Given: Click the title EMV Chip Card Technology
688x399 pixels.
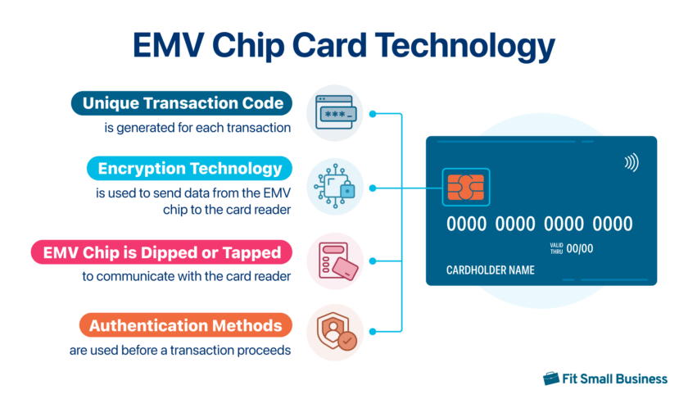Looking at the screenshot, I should (x=343, y=46).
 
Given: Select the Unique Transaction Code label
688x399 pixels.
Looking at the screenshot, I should (x=182, y=103).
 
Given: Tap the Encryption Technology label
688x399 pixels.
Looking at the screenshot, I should (x=189, y=169).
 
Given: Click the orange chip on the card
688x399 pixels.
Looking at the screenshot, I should (x=464, y=188).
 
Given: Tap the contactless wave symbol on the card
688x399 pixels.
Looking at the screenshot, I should (x=631, y=162).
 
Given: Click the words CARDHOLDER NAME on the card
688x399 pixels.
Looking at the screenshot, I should (x=490, y=270).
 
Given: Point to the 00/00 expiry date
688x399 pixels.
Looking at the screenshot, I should (x=580, y=248).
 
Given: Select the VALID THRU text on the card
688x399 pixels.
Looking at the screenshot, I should (x=556, y=248).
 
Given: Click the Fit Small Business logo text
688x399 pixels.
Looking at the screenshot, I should (x=615, y=379).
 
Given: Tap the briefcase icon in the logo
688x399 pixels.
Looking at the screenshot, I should (x=551, y=379).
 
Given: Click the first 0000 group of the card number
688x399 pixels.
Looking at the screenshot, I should (x=467, y=224).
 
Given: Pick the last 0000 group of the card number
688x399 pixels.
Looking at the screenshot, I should (x=613, y=224).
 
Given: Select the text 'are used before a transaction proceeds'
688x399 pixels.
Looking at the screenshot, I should (x=181, y=350).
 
